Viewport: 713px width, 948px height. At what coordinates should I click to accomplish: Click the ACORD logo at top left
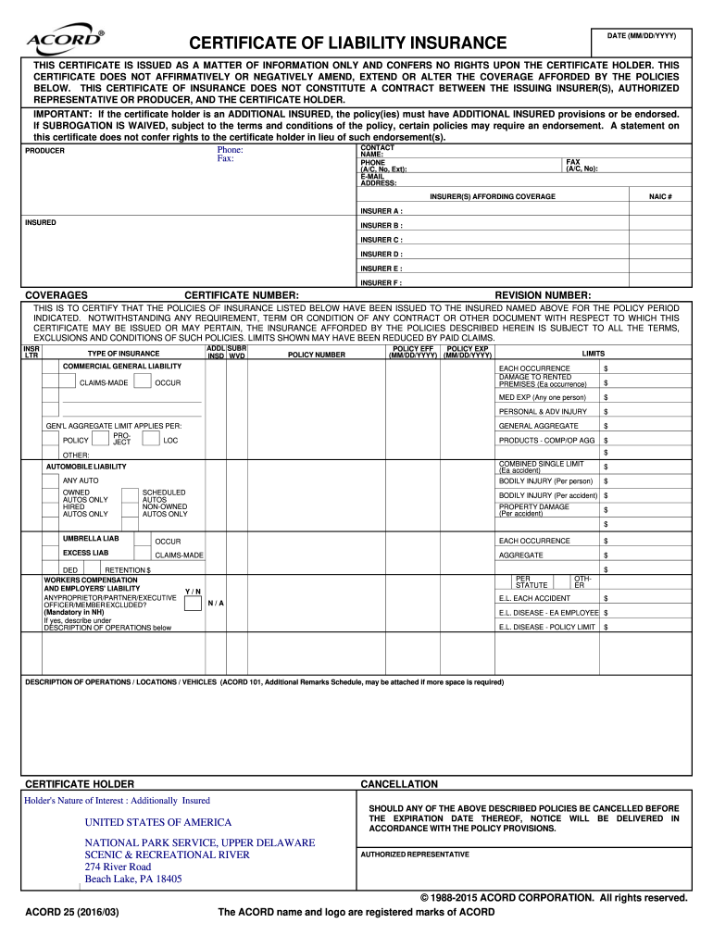click(x=66, y=40)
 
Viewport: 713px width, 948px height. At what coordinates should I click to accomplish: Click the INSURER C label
click(x=381, y=240)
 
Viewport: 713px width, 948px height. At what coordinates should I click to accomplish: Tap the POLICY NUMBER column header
click(x=317, y=354)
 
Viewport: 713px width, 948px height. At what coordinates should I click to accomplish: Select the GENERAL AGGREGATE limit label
click(x=538, y=426)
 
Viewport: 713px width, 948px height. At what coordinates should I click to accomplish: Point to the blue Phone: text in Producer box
click(x=230, y=149)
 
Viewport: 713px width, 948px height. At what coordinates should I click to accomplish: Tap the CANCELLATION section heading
click(x=399, y=784)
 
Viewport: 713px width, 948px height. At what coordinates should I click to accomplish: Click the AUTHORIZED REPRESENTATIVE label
click(x=414, y=854)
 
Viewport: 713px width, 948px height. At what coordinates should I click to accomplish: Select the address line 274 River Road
click(x=118, y=867)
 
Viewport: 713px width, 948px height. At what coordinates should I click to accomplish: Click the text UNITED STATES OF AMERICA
click(x=158, y=822)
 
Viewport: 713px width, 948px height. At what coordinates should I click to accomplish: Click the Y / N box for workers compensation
click(x=193, y=604)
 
